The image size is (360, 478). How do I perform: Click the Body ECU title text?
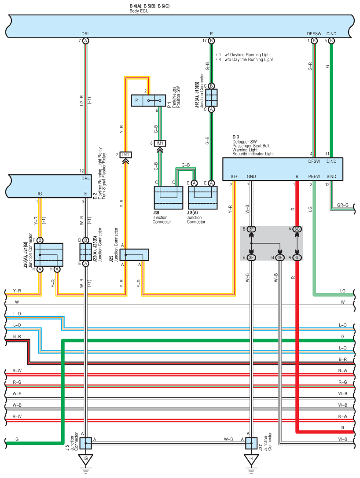click(x=139, y=11)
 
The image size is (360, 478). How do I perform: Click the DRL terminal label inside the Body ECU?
click(x=86, y=34)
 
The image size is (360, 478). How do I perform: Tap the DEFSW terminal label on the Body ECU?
click(x=314, y=34)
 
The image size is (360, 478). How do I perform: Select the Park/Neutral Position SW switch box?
click(x=148, y=101)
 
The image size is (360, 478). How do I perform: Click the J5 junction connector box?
click(x=86, y=443)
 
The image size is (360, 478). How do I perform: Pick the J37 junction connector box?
click(x=251, y=443)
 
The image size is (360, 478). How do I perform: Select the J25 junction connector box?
click(x=134, y=255)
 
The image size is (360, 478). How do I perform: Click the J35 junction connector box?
click(x=168, y=198)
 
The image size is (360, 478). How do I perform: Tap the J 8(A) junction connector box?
click(x=203, y=198)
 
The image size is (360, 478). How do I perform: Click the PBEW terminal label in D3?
click(x=314, y=176)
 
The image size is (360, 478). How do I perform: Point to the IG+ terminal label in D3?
click(x=234, y=176)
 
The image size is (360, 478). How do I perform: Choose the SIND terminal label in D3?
click(x=331, y=176)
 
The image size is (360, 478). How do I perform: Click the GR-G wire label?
click(x=343, y=205)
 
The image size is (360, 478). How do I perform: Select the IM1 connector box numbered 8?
click(x=160, y=143)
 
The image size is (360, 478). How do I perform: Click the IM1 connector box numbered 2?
click(x=125, y=155)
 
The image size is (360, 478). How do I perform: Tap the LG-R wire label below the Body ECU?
click(x=82, y=101)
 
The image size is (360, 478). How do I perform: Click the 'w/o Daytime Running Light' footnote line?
click(x=244, y=59)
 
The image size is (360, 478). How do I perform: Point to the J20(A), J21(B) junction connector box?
click(x=48, y=255)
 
